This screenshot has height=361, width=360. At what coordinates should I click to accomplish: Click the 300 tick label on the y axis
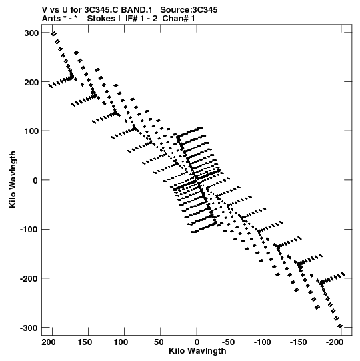pos(31,33)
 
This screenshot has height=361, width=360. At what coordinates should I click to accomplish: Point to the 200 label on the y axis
pos(31,82)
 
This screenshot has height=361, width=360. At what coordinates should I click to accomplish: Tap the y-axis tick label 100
pos(31,131)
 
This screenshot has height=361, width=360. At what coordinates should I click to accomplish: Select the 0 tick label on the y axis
pos(35,180)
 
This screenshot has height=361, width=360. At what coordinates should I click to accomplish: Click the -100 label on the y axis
pos(29,230)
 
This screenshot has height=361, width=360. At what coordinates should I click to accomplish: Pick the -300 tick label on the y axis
pos(29,328)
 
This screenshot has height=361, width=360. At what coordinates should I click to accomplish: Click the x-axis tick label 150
pos(85,342)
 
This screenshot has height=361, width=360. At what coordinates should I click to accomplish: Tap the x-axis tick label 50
pos(159,342)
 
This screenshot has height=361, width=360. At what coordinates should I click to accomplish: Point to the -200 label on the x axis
pos(335,342)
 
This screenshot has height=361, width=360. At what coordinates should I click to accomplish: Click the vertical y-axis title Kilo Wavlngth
pos(13,179)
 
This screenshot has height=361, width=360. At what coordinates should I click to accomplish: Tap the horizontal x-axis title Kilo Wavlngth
pos(197,351)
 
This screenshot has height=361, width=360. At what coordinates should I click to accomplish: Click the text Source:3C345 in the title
pos(189,10)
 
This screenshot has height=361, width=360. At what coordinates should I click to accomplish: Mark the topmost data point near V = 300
pos(53,34)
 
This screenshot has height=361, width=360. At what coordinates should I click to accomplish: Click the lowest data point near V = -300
pos(340,326)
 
